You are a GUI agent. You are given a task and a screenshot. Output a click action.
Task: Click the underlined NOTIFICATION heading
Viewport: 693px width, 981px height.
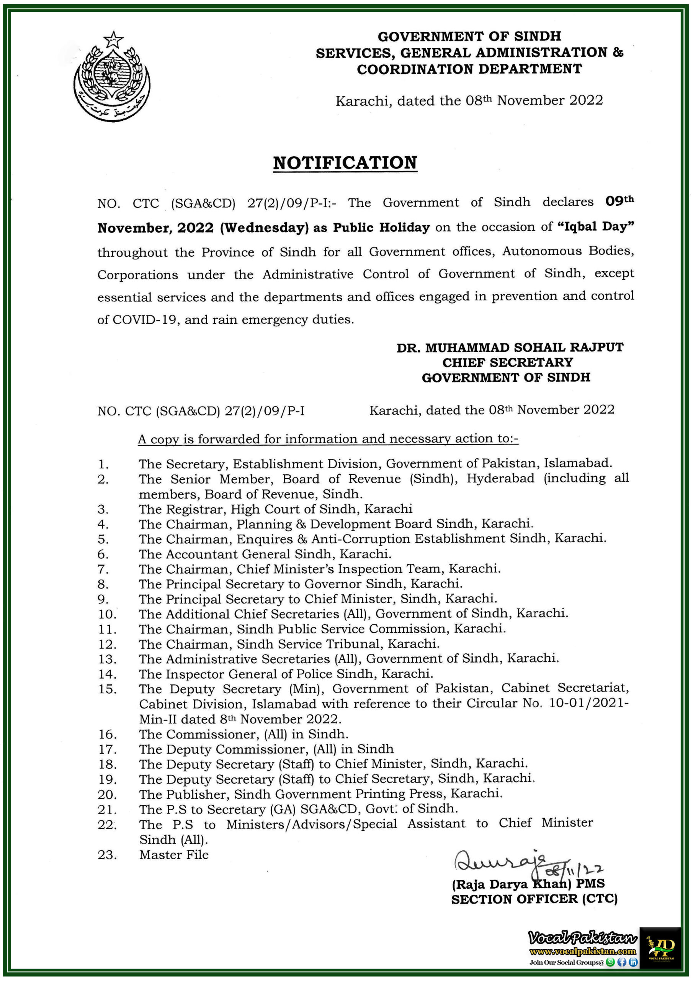345,163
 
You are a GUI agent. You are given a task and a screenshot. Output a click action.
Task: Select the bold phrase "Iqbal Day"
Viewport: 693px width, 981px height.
596,226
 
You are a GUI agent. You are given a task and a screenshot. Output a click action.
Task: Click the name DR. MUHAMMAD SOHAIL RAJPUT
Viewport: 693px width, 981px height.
510,347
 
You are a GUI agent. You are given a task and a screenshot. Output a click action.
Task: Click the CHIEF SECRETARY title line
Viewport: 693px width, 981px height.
507,363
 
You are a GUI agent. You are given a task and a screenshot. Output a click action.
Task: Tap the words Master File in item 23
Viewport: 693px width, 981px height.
174,855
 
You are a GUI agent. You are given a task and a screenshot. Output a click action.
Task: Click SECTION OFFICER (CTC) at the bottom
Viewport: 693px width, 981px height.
534,899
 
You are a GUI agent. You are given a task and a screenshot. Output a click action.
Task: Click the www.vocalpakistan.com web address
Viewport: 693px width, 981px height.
583,951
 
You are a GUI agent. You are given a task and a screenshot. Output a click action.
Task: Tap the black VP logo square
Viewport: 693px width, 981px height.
660,947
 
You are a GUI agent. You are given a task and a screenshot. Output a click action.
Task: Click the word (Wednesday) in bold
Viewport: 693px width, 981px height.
264,228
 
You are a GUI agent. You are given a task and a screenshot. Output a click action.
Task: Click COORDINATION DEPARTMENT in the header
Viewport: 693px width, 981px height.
469,69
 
